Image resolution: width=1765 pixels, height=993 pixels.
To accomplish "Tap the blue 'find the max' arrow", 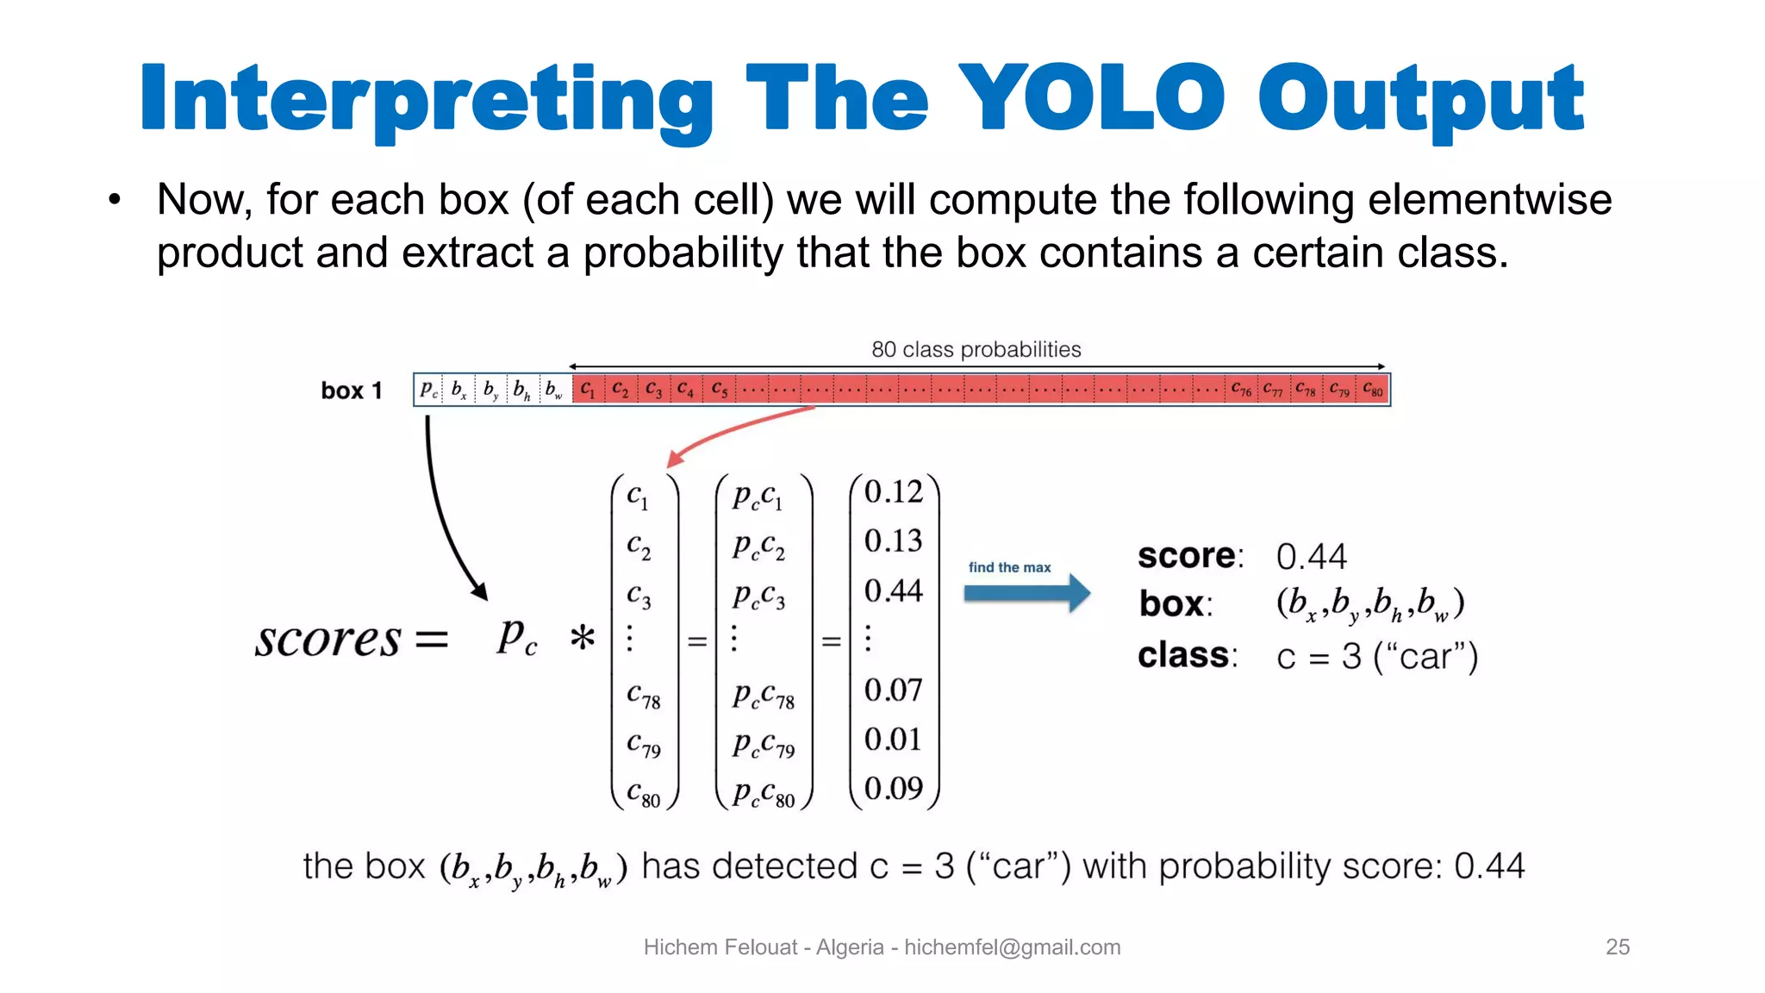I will pos(1026,593).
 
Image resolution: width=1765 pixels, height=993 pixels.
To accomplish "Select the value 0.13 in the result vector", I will pos(893,541).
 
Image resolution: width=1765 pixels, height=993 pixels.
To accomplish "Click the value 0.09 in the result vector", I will pos(893,788).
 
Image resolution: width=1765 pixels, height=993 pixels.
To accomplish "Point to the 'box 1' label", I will pos(352,390).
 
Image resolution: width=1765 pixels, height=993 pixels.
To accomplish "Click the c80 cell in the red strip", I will pos(1373,390).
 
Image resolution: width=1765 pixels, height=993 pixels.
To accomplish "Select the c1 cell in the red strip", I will pos(588,390).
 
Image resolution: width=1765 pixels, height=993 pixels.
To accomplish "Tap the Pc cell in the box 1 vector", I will pos(428,390).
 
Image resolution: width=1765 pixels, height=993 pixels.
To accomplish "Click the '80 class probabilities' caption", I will pos(976,349).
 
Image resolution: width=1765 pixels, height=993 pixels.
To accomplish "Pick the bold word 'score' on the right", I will pos(1188,555).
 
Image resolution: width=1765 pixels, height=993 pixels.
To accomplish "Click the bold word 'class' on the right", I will pos(1184,655).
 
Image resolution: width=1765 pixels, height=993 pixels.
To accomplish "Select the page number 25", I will pos(1617,946).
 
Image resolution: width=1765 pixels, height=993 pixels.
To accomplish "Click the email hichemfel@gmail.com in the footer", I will pos(1012,946).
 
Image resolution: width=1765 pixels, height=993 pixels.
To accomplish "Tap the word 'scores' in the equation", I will pos(327,639).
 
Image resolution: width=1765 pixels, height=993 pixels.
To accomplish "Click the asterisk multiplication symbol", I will pos(583,639).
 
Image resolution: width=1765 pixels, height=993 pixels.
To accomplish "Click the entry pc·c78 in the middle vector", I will pos(763,695).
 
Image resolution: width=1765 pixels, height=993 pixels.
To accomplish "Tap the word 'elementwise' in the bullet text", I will pos(1489,199).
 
